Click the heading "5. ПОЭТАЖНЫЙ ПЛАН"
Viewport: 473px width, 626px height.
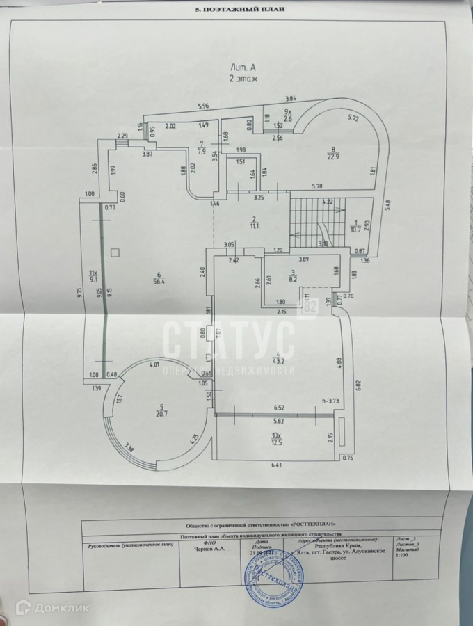236,10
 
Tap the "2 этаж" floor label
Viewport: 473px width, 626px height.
243,79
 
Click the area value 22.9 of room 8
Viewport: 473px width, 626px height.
333,156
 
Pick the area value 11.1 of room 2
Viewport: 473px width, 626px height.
255,225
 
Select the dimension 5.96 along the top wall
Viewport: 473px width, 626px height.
203,106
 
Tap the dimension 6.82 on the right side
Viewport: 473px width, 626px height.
358,383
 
